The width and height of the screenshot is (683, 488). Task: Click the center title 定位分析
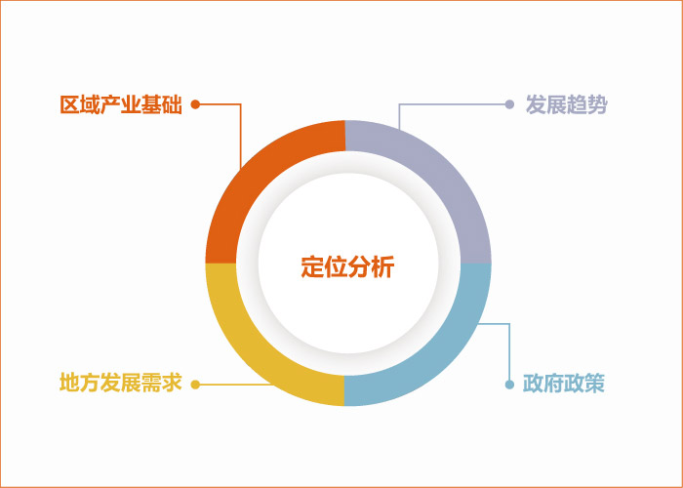(347, 267)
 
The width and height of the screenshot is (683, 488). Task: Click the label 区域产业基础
(121, 104)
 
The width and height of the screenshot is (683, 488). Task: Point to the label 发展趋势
(566, 104)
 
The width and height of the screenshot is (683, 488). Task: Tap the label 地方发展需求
(121, 384)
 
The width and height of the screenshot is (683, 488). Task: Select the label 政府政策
(564, 384)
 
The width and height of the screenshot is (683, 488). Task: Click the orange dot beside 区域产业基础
(195, 104)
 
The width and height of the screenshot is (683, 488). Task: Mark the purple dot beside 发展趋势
(509, 104)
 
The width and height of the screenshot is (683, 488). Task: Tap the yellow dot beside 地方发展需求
(195, 385)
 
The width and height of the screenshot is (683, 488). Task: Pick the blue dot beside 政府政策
(509, 385)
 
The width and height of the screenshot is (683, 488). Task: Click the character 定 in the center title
(312, 267)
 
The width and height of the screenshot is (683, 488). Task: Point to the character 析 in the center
(382, 267)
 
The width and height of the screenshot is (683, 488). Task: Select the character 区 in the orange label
(70, 104)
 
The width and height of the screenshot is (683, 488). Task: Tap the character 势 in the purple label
(597, 104)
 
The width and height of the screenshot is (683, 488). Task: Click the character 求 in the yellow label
(172, 384)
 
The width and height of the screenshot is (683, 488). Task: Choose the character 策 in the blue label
(595, 384)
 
